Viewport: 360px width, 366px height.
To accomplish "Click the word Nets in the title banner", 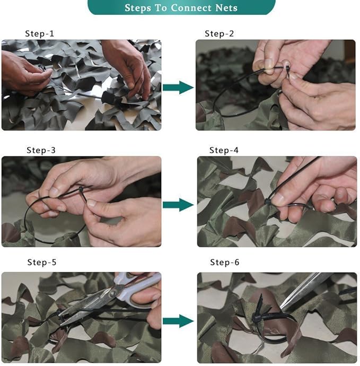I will [225, 8].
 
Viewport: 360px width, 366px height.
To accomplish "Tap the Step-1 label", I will [40, 34].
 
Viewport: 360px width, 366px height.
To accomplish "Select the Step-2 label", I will [219, 34].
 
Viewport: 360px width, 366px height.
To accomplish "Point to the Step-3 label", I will [41, 150].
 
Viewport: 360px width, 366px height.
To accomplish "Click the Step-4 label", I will [224, 150].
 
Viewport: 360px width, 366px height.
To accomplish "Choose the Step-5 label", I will [42, 263].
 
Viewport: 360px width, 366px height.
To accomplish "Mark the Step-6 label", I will [225, 263].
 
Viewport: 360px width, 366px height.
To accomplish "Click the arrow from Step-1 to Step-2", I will [178, 88].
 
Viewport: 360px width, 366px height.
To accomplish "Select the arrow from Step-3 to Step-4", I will [178, 204].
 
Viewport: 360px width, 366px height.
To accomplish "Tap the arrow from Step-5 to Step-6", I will [178, 321].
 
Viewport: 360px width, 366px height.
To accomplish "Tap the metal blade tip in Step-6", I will [286, 303].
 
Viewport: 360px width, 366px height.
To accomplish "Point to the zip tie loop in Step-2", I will [228, 98].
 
